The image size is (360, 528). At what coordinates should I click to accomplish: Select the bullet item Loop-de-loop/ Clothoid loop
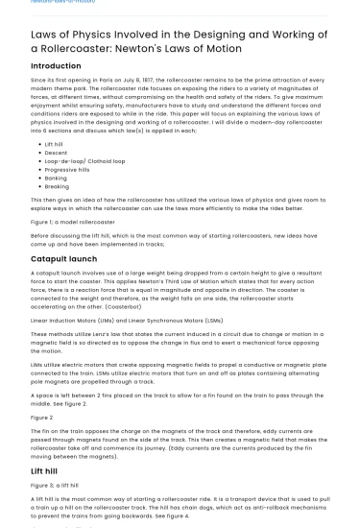pyautogui.click(x=84, y=160)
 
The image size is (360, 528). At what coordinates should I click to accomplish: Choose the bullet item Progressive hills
pyautogui.click(x=66, y=169)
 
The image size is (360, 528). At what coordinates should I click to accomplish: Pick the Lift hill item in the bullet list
pyautogui.click(x=54, y=142)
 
